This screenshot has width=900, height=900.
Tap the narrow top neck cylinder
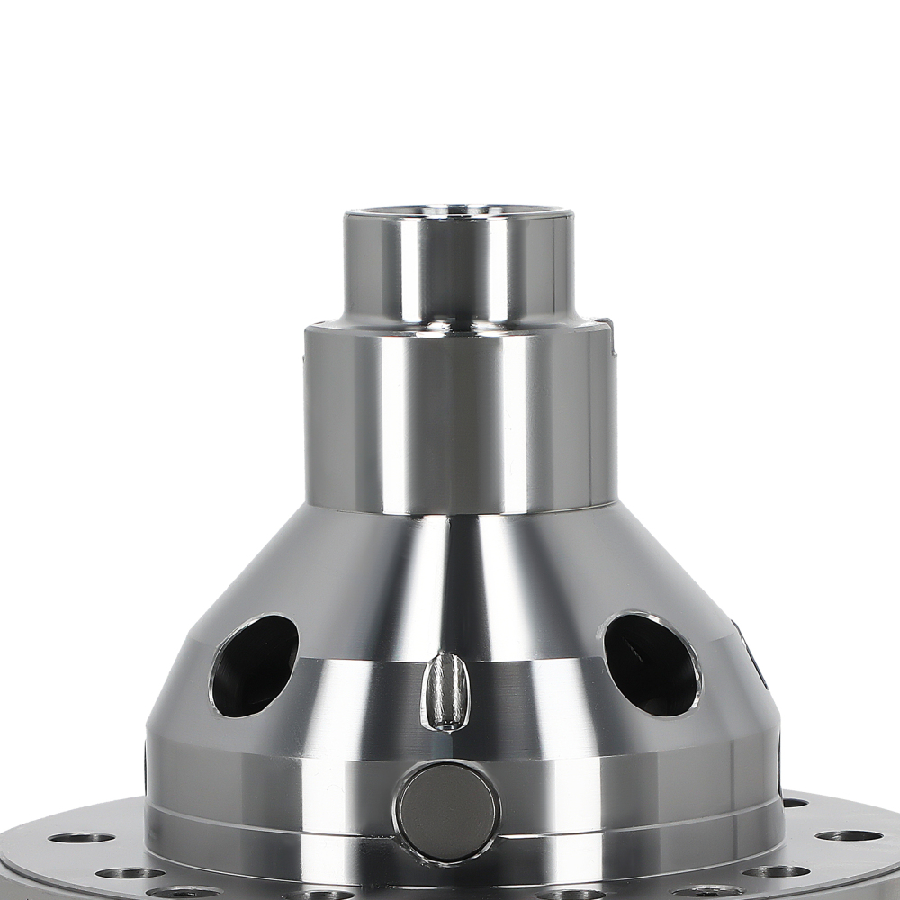point(459,270)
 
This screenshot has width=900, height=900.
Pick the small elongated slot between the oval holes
point(446,691)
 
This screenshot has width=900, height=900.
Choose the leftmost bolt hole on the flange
point(81,838)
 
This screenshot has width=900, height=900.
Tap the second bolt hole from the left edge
point(130,872)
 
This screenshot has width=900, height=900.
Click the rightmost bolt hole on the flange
point(849,836)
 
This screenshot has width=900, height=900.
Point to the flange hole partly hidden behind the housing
point(794,803)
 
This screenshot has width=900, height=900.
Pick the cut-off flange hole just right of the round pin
point(571,895)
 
